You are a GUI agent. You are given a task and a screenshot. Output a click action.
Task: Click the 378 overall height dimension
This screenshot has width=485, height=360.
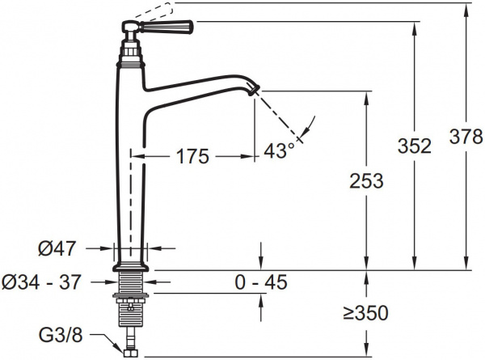click(x=466, y=137)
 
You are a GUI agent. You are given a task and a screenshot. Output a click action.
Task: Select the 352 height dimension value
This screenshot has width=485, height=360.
click(x=414, y=146)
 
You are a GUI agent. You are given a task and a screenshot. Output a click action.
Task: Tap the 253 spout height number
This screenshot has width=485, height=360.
click(x=366, y=180)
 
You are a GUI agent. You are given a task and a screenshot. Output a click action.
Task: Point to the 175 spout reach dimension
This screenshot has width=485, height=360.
click(x=192, y=156)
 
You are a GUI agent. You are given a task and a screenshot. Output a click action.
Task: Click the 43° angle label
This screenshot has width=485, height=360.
click(x=279, y=151)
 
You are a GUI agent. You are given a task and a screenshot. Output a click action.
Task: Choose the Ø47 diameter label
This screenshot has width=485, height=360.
click(x=57, y=248)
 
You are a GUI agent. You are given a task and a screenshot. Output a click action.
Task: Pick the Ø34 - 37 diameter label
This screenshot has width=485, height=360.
click(x=41, y=282)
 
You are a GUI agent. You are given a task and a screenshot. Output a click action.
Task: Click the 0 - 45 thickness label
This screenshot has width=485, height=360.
click(x=261, y=282)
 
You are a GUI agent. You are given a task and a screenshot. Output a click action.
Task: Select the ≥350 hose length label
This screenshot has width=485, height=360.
click(x=366, y=313)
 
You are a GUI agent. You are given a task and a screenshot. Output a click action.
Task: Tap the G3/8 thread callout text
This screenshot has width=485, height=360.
click(x=61, y=335)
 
